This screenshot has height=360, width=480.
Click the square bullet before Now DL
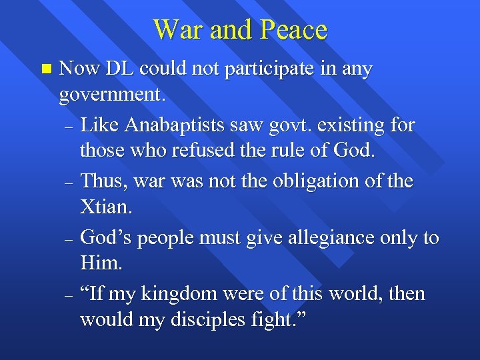45,69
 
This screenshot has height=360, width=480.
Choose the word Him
101,263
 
